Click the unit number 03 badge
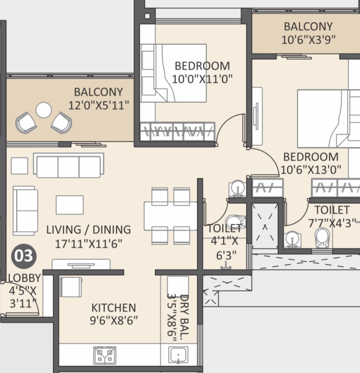[24, 256]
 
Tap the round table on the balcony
[44, 110]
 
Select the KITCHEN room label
[114, 308]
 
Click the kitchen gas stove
[105, 355]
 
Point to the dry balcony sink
[178, 355]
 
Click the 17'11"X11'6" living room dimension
[88, 244]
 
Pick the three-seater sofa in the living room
[69, 165]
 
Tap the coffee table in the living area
[69, 205]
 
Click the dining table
[171, 216]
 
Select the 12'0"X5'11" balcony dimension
[99, 105]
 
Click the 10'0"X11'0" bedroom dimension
[202, 79]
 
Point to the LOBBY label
[25, 278]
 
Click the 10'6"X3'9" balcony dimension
[309, 39]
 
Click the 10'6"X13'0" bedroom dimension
[311, 170]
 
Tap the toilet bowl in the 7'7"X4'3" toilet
[322, 238]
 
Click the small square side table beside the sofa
[19, 165]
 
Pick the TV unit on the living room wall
[81, 264]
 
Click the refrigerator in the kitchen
[71, 287]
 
